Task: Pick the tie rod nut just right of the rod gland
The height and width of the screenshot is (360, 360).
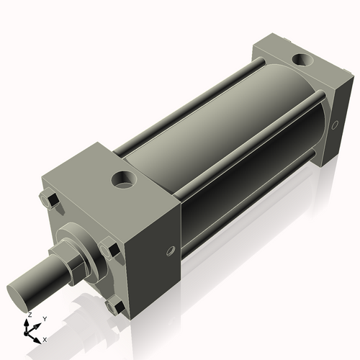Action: tap(111, 253)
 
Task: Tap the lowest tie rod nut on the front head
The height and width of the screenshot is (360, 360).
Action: tap(112, 307)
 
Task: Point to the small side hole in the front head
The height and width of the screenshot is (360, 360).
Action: tap(170, 251)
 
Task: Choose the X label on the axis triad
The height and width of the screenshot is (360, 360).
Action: tap(45, 338)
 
